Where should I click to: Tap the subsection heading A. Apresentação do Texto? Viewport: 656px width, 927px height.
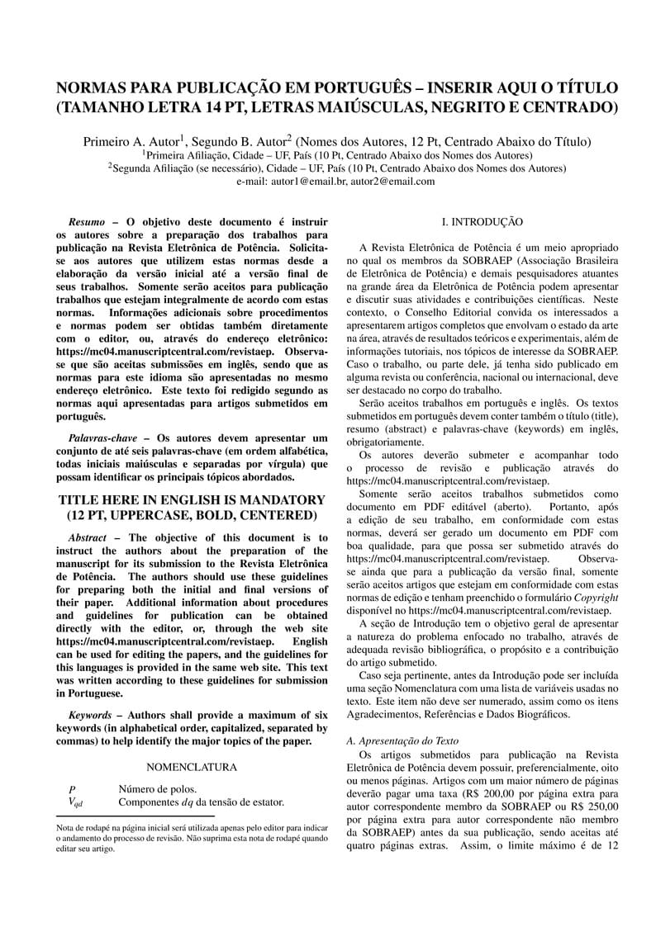402,741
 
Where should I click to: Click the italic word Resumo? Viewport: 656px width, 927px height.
86,222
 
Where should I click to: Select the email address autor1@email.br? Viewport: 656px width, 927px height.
309,182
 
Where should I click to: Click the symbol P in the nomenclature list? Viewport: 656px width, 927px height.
73,789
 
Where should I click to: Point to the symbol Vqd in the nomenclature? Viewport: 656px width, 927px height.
75,802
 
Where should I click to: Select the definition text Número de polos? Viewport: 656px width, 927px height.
158,789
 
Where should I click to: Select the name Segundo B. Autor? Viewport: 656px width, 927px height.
242,141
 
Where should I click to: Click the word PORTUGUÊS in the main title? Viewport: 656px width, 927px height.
364,87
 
